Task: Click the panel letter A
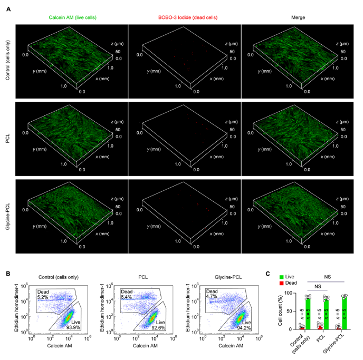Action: tap(8, 8)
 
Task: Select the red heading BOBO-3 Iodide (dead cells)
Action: tap(185, 17)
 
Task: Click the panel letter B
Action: tap(8, 274)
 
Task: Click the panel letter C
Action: tap(268, 274)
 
